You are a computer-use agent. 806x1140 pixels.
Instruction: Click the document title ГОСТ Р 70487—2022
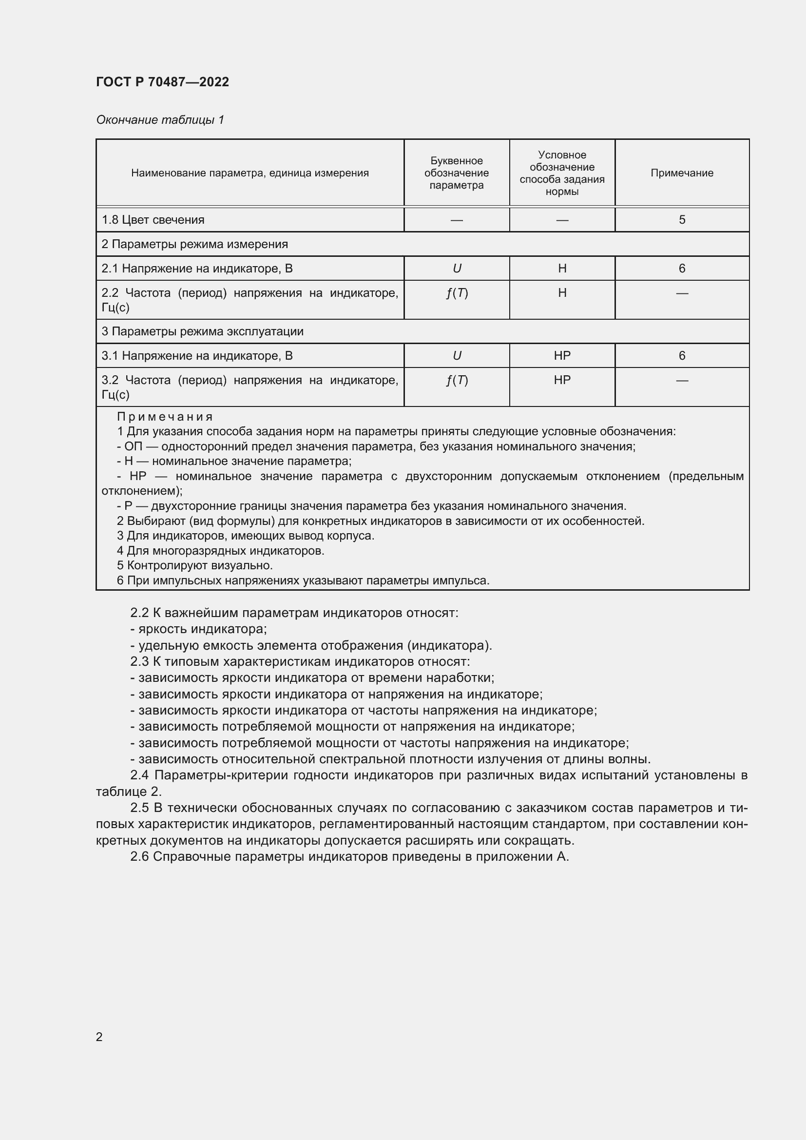[x=162, y=82]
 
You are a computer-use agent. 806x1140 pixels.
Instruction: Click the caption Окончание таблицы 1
[x=160, y=120]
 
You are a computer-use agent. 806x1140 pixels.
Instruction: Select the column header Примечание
[x=681, y=173]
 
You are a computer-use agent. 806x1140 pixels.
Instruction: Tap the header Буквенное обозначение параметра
[x=456, y=173]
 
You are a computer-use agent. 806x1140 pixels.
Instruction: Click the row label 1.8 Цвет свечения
[x=153, y=219]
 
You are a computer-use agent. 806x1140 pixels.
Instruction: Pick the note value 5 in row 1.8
[x=682, y=219]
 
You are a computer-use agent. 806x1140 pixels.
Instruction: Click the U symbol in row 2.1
[x=457, y=269]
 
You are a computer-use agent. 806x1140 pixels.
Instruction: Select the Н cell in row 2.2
[x=562, y=293]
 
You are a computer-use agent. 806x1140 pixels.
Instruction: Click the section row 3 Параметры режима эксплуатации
[x=203, y=331]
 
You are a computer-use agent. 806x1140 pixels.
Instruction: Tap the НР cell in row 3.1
[x=562, y=355]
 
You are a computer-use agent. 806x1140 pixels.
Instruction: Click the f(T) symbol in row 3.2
[x=457, y=380]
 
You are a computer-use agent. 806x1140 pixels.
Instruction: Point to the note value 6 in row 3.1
[x=682, y=355]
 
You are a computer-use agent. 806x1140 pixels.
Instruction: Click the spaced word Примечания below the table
[x=165, y=417]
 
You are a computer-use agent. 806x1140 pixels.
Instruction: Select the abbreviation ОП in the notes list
[x=133, y=446]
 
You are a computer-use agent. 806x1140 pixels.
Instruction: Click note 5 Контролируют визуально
[x=194, y=565]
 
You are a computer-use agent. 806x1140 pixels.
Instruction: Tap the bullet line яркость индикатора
[x=198, y=629]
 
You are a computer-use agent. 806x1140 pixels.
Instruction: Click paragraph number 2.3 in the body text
[x=139, y=662]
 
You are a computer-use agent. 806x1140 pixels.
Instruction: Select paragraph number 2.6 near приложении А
[x=139, y=857]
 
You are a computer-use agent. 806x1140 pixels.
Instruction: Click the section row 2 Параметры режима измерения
[x=194, y=244]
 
